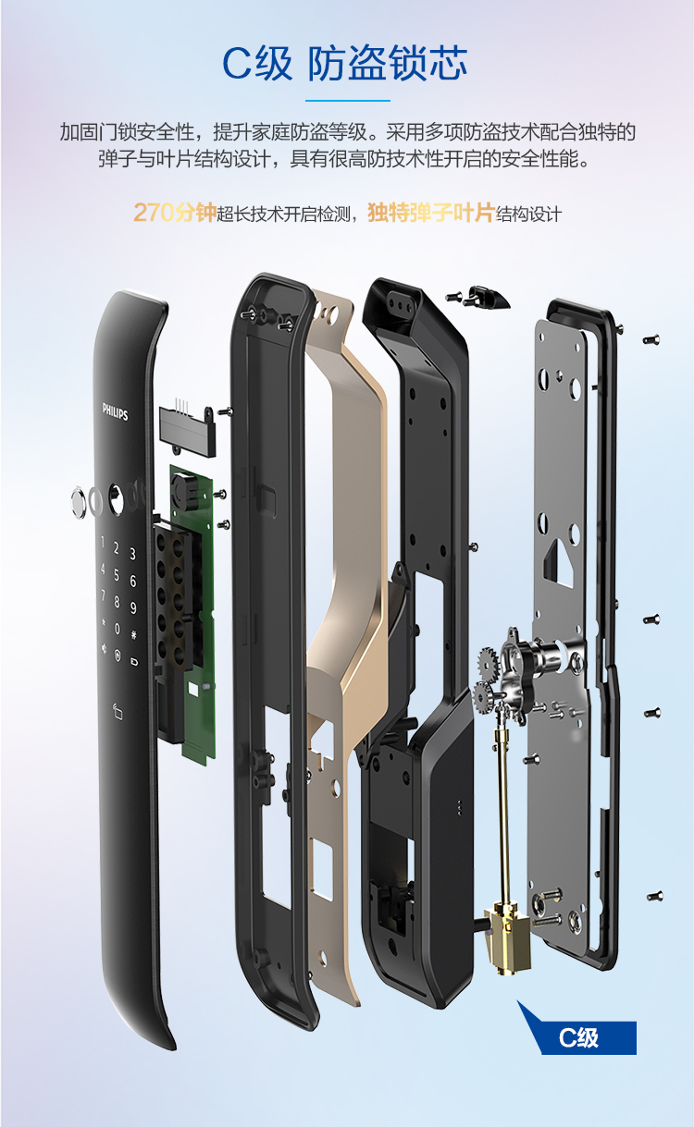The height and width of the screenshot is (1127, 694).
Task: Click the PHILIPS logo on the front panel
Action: (x=115, y=410)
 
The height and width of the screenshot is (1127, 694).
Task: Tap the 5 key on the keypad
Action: (x=117, y=574)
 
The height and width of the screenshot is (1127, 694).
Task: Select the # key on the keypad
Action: (x=133, y=634)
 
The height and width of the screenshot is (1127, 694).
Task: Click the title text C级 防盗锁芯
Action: (x=345, y=63)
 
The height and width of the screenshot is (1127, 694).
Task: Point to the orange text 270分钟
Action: (x=175, y=213)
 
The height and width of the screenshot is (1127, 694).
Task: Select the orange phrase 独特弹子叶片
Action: (x=431, y=213)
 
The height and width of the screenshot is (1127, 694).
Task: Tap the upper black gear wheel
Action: (x=488, y=662)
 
